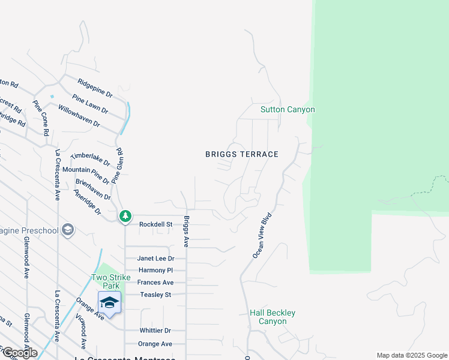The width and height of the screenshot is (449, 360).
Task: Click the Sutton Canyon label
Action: coord(288,110)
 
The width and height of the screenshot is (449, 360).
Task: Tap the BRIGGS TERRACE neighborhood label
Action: coord(242,154)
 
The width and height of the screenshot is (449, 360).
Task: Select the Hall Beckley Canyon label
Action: coord(273,317)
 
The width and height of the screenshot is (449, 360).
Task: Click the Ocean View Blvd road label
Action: coord(262,235)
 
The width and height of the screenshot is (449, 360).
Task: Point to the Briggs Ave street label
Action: coord(186,232)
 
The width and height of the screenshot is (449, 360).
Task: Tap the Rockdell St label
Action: coord(156,224)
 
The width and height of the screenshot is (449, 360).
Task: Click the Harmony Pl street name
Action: coord(155,271)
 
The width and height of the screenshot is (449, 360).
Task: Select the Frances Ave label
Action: coord(155,283)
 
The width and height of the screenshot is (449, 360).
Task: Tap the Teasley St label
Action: coord(155,295)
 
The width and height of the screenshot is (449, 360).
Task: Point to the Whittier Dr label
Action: coord(155,331)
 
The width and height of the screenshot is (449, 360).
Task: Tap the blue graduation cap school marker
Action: coord(109,303)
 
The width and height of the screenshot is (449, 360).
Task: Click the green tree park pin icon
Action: coord(125,215)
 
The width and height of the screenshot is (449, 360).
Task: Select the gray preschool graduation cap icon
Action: coord(68,230)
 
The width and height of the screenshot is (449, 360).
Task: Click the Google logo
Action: coord(19,353)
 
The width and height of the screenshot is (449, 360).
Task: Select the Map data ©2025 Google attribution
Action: coord(412,355)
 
